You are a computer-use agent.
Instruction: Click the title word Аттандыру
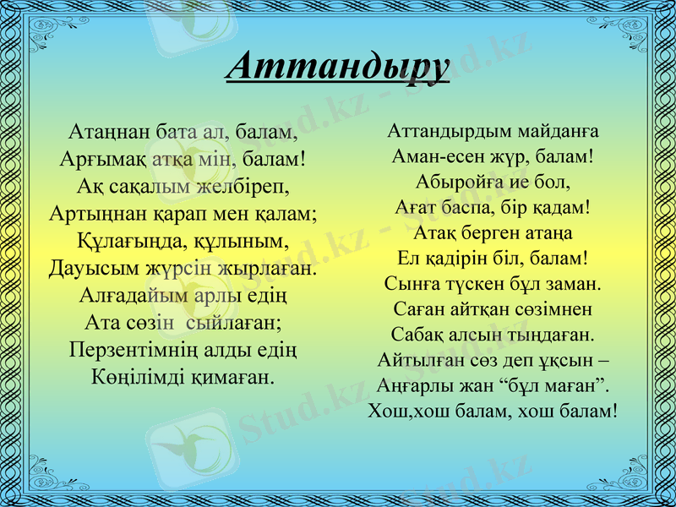[337, 67]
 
